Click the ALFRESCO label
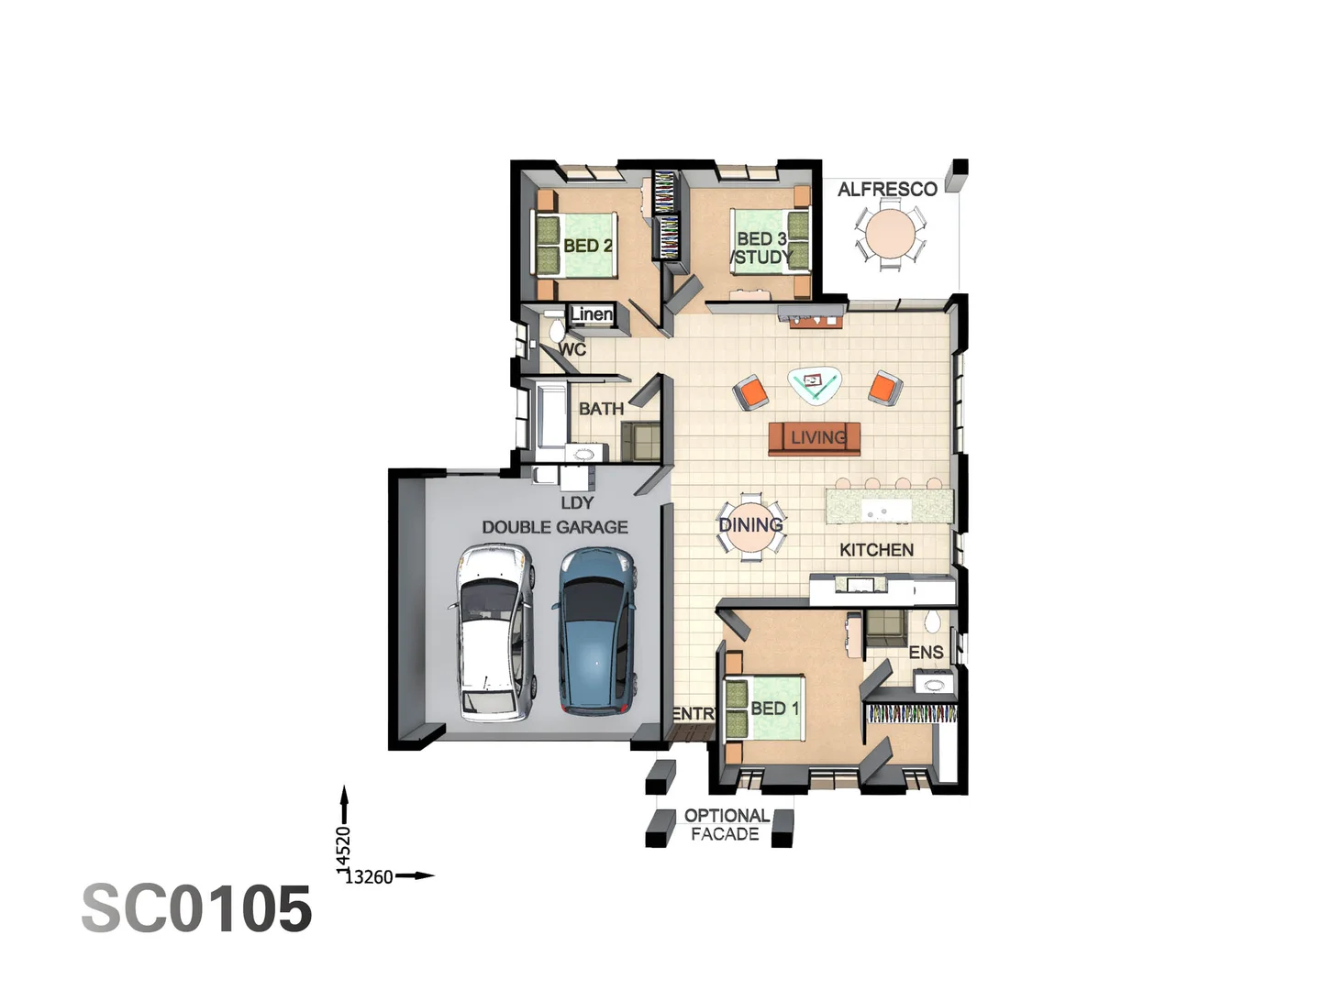pos(887,190)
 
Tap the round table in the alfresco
pos(890,235)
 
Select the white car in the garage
pos(494,632)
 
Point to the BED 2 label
pos(587,246)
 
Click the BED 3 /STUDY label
pos(761,248)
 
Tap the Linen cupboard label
pos(592,314)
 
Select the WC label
pos(572,349)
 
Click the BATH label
pos(601,409)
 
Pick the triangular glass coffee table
pos(815,384)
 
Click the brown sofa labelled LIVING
pos(815,438)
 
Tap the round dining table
pos(751,527)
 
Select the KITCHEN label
pos(876,550)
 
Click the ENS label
pos(926,653)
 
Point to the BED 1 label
pos(774,709)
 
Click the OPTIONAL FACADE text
pos(726,825)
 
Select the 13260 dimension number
pos(369,877)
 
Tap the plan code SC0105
pos(197,909)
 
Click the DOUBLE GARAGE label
pos(555,527)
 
